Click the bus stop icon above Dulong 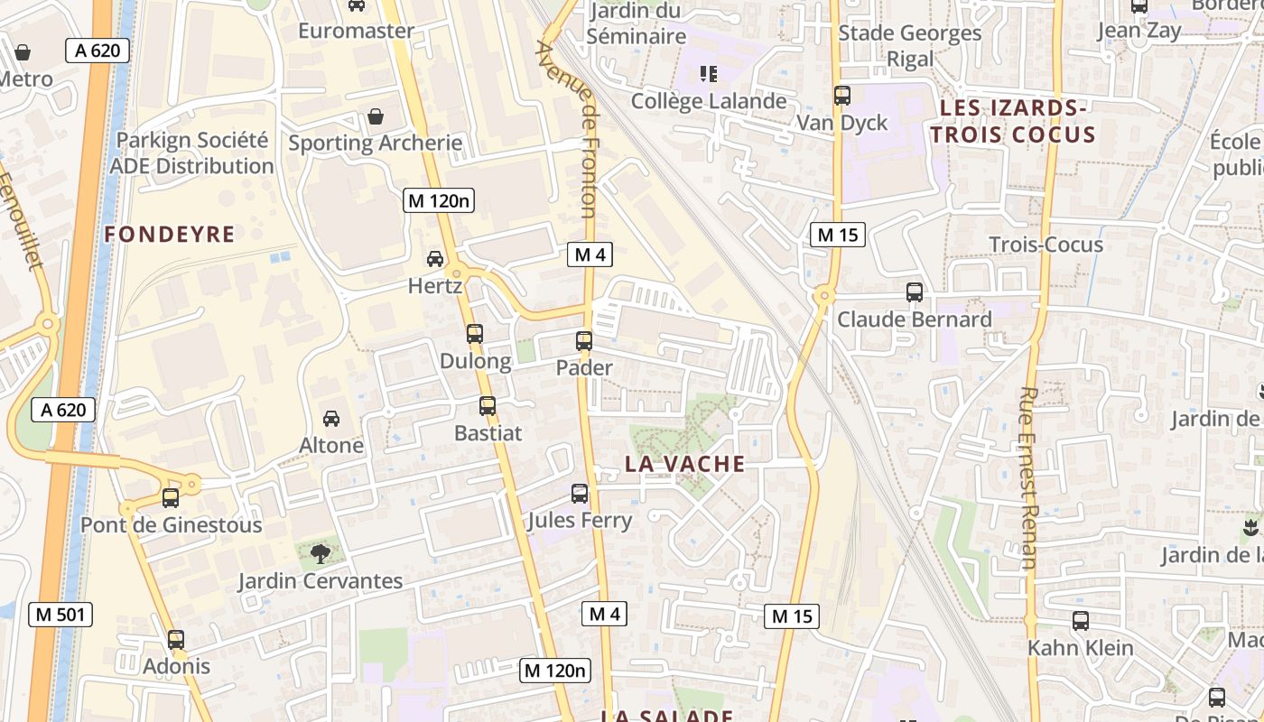click(475, 334)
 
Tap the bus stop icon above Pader click(584, 341)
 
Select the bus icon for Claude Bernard click(915, 292)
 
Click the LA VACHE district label click(685, 464)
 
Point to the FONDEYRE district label click(169, 235)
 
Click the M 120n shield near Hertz click(439, 201)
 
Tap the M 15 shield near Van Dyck click(837, 236)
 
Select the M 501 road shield click(60, 616)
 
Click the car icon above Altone click(331, 419)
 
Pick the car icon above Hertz click(435, 260)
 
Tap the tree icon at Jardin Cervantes click(320, 553)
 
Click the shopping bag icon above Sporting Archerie click(376, 117)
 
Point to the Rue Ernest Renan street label click(1027, 478)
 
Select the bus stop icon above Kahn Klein click(1081, 621)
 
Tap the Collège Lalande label click(709, 101)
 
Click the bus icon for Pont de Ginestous click(170, 498)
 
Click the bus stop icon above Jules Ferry click(580, 494)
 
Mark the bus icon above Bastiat click(488, 406)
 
